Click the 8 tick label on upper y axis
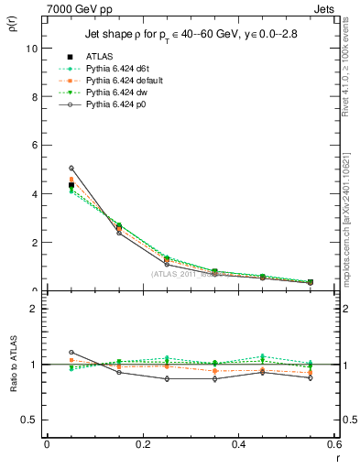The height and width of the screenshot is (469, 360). pyautogui.click(x=34, y=97)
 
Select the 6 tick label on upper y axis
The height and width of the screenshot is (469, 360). pyautogui.click(x=34, y=146)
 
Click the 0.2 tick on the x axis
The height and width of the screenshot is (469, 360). pyautogui.click(x=142, y=444)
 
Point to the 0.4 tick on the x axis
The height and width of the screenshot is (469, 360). pyautogui.click(x=238, y=444)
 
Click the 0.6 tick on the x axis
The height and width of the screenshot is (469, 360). pyautogui.click(x=333, y=444)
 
